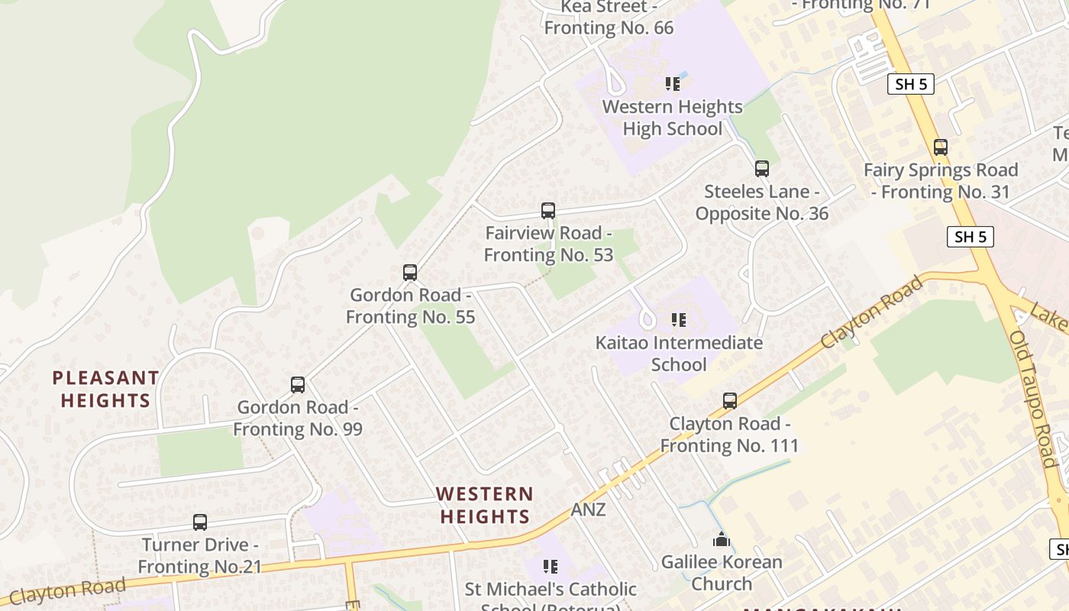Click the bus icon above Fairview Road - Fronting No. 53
pos(547,210)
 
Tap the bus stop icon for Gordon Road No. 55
pos(410,272)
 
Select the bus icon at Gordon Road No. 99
pos(298,384)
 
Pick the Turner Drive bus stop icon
pos(200,522)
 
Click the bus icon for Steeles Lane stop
pos(761,168)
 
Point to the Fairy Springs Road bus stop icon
pos(941,147)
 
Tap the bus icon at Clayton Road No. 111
pos(730,400)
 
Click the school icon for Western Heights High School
pos(672,83)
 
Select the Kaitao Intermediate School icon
pos(678,319)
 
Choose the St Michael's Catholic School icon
pos(550,566)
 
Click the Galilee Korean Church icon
pos(722,540)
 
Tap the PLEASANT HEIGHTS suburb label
pos(105,389)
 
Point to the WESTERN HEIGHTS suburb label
pos(485,505)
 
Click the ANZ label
pos(588,509)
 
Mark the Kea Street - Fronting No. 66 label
pos(609,18)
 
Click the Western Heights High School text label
pos(672,118)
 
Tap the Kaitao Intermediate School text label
pos(679,354)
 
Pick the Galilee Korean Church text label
pos(722,573)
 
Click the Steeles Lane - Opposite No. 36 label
pos(761,202)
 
